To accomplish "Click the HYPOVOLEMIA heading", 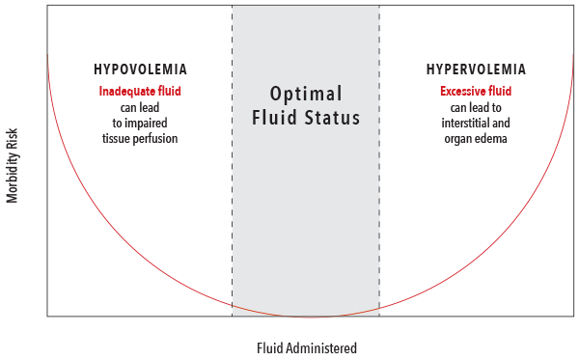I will coord(140,69).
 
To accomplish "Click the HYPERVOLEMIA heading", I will coord(476,69).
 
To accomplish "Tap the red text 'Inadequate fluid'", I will coord(140,92).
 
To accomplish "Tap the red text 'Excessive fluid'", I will coord(476,92).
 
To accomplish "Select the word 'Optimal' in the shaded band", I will coord(306,95).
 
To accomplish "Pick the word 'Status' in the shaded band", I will coord(333,120).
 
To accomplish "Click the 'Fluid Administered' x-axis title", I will coord(307,347).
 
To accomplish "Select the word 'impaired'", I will coord(152,123).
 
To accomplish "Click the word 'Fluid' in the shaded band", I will coord(275,120).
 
